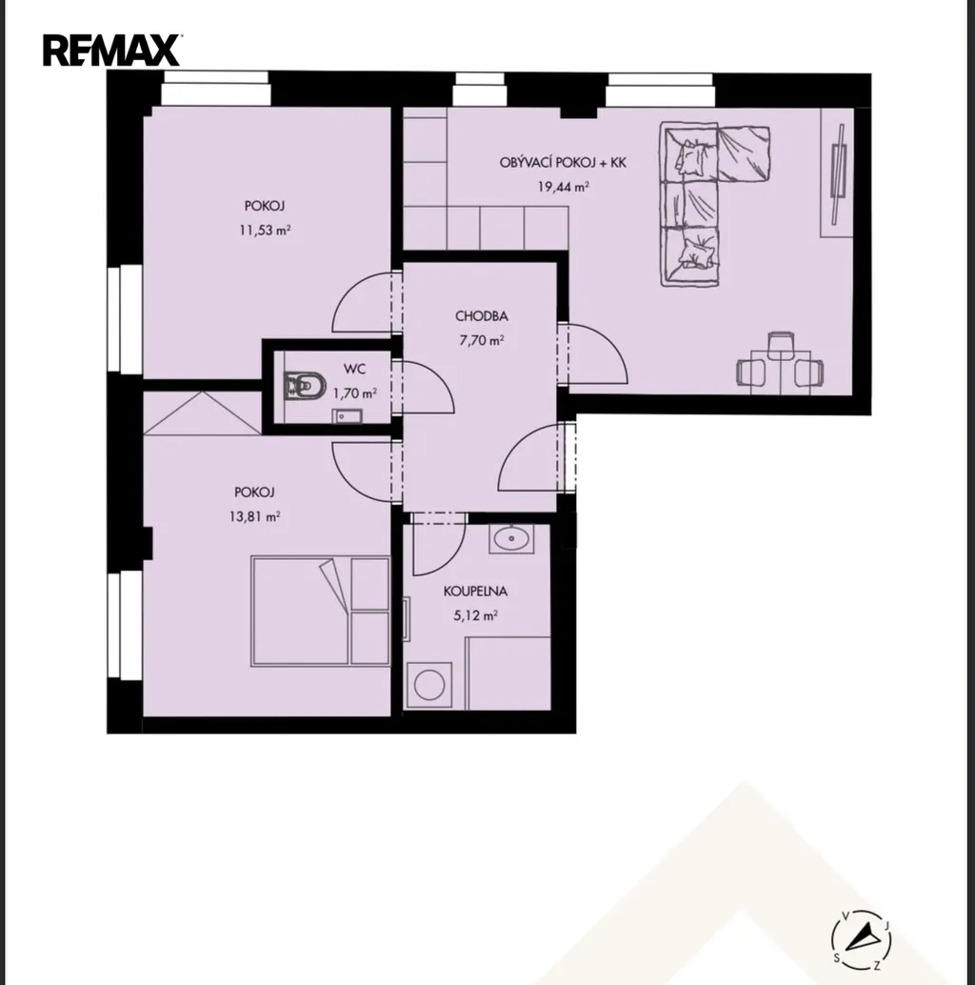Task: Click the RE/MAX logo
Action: coord(111,50)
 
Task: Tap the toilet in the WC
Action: coord(305,386)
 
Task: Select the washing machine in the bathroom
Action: coord(429,684)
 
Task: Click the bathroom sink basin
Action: coord(511,539)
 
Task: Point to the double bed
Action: coord(320,611)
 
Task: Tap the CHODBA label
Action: coord(482,316)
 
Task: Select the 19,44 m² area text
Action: coord(563,187)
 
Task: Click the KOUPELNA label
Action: coord(475,592)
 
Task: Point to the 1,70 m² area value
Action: coord(355,393)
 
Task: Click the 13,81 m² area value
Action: coord(255,517)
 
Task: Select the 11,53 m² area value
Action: coord(265,230)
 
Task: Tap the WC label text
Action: coord(354,369)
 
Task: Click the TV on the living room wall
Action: coord(838,173)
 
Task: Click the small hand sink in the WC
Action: coord(348,415)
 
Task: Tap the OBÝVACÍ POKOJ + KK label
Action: coord(563,162)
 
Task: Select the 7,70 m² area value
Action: coord(482,340)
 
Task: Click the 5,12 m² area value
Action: coord(475,615)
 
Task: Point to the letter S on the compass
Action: coord(837,957)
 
